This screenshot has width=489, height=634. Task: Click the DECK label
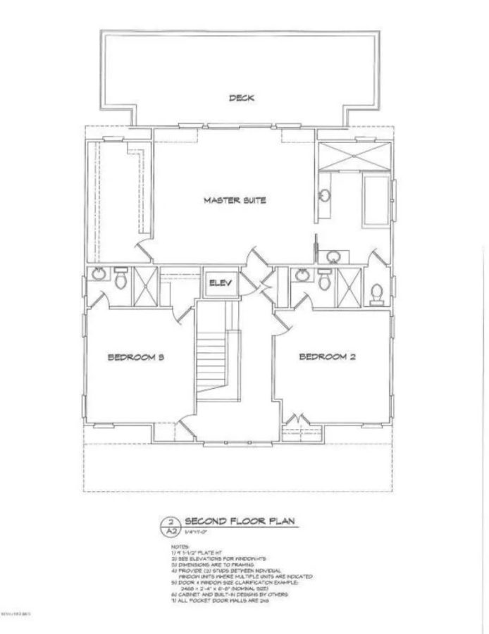241,98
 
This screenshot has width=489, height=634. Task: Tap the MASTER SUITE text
235,201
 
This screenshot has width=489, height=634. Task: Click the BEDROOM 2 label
327,357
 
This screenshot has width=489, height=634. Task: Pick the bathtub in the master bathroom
376,201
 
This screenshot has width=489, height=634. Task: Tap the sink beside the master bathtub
325,199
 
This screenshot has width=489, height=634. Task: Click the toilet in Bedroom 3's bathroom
120,280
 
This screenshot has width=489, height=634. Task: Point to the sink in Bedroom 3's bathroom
98,274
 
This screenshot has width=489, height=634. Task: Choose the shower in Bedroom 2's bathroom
348,285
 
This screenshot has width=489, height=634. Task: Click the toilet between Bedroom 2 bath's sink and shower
324,280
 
